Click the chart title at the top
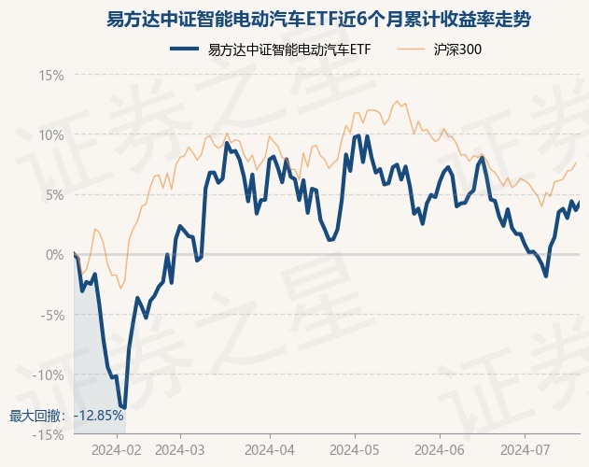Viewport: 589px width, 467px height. (294, 18)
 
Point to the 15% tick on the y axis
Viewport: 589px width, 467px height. (51, 75)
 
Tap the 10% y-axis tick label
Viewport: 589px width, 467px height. (51, 134)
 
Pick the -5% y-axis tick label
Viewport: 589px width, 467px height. (52, 315)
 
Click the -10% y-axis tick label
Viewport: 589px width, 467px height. (49, 375)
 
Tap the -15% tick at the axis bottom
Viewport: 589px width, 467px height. (49, 434)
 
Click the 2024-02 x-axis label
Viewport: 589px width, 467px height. (119, 449)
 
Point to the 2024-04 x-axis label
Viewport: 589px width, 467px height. (269, 449)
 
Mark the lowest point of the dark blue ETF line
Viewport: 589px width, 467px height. (123, 408)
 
